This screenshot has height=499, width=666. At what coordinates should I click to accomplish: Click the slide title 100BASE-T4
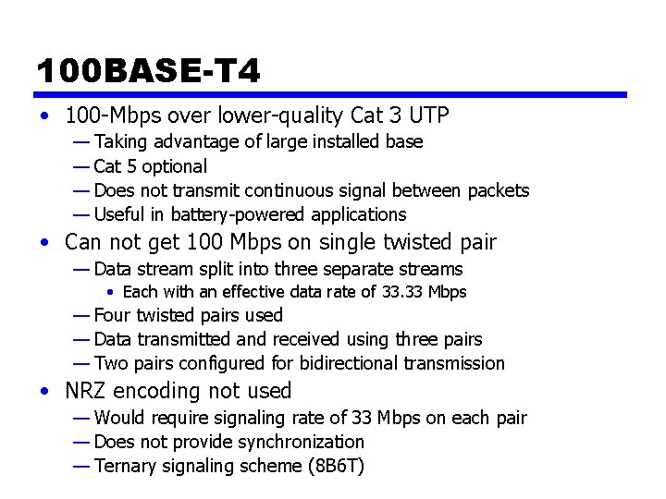(149, 71)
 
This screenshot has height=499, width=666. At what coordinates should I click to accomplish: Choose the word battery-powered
(220, 214)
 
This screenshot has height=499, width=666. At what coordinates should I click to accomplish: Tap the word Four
(112, 315)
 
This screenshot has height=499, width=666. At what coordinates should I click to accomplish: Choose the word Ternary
(126, 466)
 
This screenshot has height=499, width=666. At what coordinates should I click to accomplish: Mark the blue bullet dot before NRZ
(45, 392)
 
